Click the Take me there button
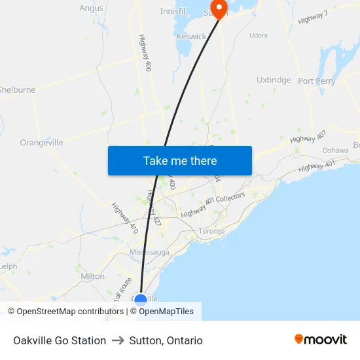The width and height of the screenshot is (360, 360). [180, 160]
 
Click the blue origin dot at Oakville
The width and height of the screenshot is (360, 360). [141, 300]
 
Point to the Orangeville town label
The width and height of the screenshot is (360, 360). [41, 142]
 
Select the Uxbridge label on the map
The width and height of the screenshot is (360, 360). [274, 80]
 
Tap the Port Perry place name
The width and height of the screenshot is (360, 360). [317, 81]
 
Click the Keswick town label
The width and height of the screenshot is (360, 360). [191, 37]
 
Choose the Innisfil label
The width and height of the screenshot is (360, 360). [173, 12]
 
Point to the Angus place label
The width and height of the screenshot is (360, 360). [91, 9]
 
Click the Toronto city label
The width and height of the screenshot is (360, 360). [211, 231]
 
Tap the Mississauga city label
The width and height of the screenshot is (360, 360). [149, 252]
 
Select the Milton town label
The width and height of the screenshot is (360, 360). [92, 276]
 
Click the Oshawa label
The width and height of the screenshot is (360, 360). [335, 151]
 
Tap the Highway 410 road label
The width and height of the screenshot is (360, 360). [124, 218]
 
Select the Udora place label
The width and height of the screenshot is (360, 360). [259, 35]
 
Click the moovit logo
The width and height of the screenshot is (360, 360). [321, 340]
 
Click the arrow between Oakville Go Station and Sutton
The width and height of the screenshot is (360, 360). [118, 340]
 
